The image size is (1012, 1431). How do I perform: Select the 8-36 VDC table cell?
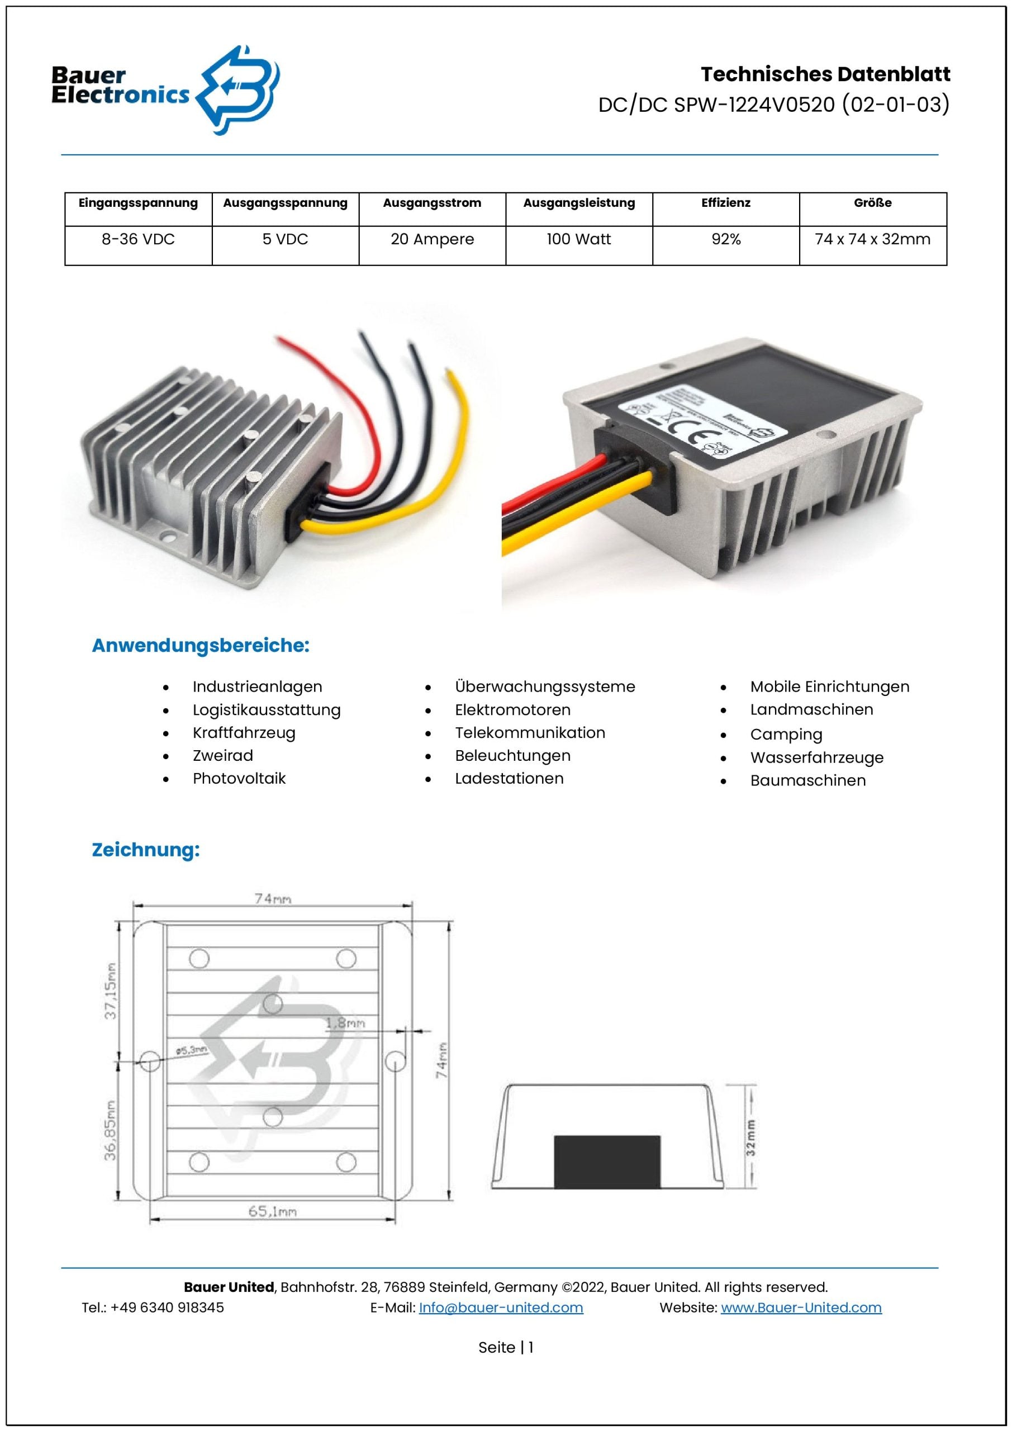click(139, 239)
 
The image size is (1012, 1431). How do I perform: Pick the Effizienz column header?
click(725, 203)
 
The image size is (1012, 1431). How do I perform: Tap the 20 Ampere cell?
click(432, 239)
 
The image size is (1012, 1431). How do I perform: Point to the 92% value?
click(725, 239)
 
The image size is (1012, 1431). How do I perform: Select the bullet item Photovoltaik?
click(239, 779)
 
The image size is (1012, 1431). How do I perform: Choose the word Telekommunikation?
click(530, 733)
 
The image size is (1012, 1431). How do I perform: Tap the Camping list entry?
click(786, 735)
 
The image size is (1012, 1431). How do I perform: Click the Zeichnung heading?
click(146, 850)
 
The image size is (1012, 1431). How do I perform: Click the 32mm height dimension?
click(751, 1138)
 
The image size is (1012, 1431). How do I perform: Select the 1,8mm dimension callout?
click(345, 1023)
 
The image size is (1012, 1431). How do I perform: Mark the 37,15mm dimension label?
click(110, 991)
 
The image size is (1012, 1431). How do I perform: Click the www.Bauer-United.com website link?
click(801, 1307)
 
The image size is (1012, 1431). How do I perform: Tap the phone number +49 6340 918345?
click(167, 1307)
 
